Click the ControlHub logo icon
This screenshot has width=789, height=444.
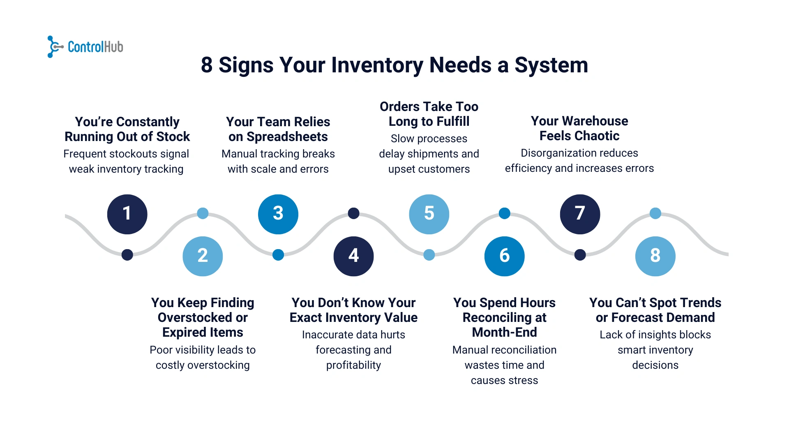tap(55, 47)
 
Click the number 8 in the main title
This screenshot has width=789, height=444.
tap(207, 65)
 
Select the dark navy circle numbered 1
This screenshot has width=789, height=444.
tap(127, 214)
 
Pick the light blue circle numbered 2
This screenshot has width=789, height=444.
tap(203, 256)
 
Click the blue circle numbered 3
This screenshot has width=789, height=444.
tap(278, 214)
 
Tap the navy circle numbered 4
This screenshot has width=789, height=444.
tap(353, 256)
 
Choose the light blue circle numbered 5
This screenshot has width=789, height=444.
tap(429, 214)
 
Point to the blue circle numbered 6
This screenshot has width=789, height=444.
tap(504, 256)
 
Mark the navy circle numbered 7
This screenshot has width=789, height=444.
tap(580, 214)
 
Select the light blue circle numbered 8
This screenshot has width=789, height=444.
tap(655, 256)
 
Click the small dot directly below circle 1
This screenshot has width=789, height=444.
tap(127, 255)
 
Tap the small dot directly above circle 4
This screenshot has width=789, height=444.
tap(353, 213)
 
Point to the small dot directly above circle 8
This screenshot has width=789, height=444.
tap(655, 213)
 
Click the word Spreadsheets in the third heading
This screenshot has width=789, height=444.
tap(287, 137)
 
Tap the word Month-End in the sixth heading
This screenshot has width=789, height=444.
tap(504, 332)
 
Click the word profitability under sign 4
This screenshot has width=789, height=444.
tap(353, 365)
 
